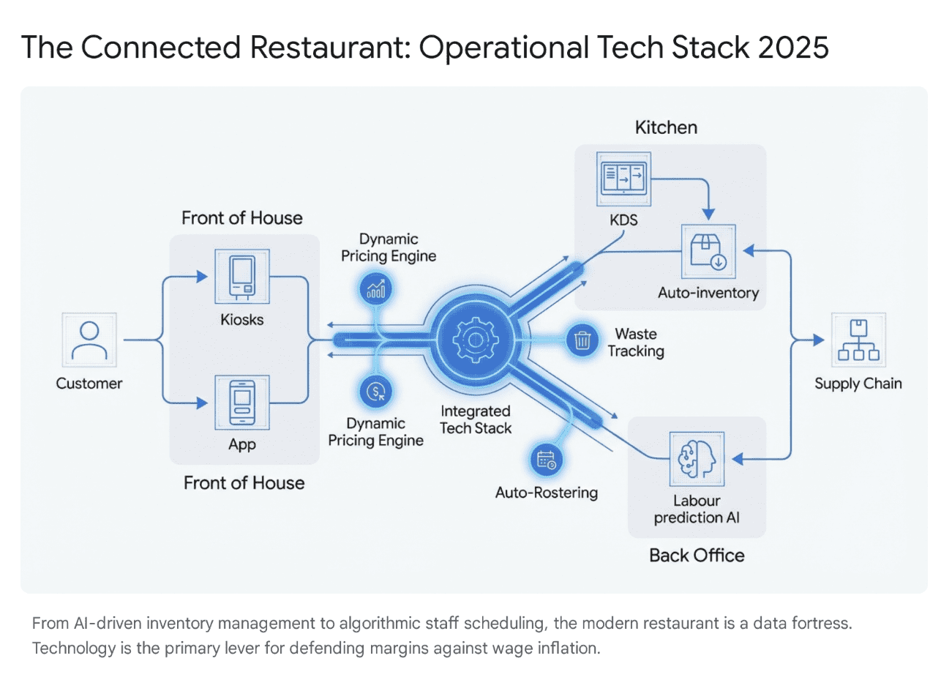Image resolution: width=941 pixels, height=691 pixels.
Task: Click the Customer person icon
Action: [x=89, y=340]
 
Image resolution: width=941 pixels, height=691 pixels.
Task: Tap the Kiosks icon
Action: [x=242, y=277]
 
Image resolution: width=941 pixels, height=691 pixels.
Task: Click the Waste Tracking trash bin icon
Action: [x=582, y=341]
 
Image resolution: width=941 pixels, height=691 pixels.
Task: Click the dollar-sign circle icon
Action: [x=376, y=391]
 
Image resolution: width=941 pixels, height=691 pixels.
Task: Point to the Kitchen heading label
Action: [x=666, y=127]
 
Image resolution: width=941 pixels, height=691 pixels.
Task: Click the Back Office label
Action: [x=696, y=556]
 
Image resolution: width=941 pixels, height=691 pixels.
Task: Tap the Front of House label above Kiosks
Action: [x=242, y=217]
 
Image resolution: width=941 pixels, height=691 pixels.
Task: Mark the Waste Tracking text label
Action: [x=636, y=342]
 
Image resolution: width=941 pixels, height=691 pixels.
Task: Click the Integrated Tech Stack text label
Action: [x=475, y=419]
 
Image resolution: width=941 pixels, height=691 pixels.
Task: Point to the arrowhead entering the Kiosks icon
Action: [x=203, y=277]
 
